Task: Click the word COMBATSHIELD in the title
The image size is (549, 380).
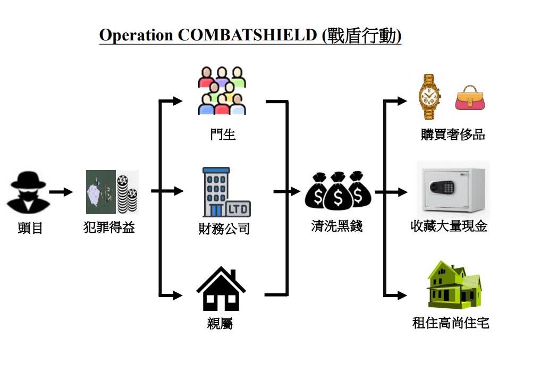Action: pyautogui.click(x=246, y=35)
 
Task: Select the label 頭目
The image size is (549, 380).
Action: pyautogui.click(x=30, y=229)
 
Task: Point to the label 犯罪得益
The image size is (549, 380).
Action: pyautogui.click(x=109, y=228)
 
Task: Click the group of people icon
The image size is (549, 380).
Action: pyautogui.click(x=222, y=91)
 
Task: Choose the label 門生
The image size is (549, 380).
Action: pyautogui.click(x=223, y=134)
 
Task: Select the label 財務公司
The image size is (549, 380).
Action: pyautogui.click(x=224, y=230)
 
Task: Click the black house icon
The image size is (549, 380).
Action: pyautogui.click(x=221, y=290)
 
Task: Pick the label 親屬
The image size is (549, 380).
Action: pyautogui.click(x=220, y=323)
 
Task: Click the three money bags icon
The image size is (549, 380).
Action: pyautogui.click(x=337, y=191)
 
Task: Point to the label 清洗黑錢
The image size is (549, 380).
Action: pyautogui.click(x=337, y=226)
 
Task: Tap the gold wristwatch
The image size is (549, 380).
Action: pyautogui.click(x=429, y=96)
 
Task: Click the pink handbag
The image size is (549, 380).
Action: pyautogui.click(x=470, y=98)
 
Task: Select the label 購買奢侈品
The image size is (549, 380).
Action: pyautogui.click(x=453, y=134)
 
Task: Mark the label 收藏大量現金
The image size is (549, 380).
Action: pyautogui.click(x=449, y=226)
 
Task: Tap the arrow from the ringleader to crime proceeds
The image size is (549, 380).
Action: pyautogui.click(x=61, y=192)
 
